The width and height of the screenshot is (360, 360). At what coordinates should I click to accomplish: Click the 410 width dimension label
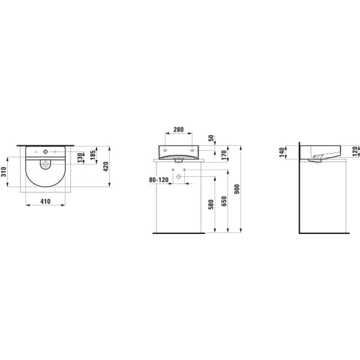click(45, 202)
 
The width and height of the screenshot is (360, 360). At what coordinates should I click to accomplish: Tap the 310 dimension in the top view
click(4, 172)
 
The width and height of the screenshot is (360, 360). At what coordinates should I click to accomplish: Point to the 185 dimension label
click(93, 155)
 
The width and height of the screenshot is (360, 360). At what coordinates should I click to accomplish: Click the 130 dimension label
click(80, 158)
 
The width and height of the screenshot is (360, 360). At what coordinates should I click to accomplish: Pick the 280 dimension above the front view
click(178, 130)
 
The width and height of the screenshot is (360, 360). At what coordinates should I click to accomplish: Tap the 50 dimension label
click(211, 138)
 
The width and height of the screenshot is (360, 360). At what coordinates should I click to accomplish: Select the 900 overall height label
click(237, 189)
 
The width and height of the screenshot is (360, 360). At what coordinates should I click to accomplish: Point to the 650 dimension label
click(224, 201)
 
